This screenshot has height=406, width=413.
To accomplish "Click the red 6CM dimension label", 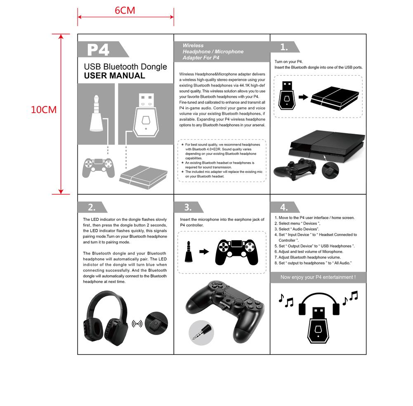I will (x=125, y=10).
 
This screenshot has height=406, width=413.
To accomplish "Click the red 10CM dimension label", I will (x=44, y=110).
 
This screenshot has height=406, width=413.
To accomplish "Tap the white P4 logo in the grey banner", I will (x=98, y=50).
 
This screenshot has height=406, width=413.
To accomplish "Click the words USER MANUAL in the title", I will (x=114, y=76).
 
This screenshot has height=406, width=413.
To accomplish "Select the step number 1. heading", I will (x=284, y=47).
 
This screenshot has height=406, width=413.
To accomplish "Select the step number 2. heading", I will (x=92, y=207).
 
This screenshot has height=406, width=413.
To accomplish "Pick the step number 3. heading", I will (x=188, y=207).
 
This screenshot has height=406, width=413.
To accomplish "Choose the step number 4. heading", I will (x=284, y=207).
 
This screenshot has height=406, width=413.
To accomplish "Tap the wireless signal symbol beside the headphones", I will (x=137, y=323).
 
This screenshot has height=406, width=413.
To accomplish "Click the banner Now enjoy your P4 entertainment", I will (x=318, y=277).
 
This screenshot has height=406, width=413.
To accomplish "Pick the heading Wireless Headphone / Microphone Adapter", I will (x=213, y=52).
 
